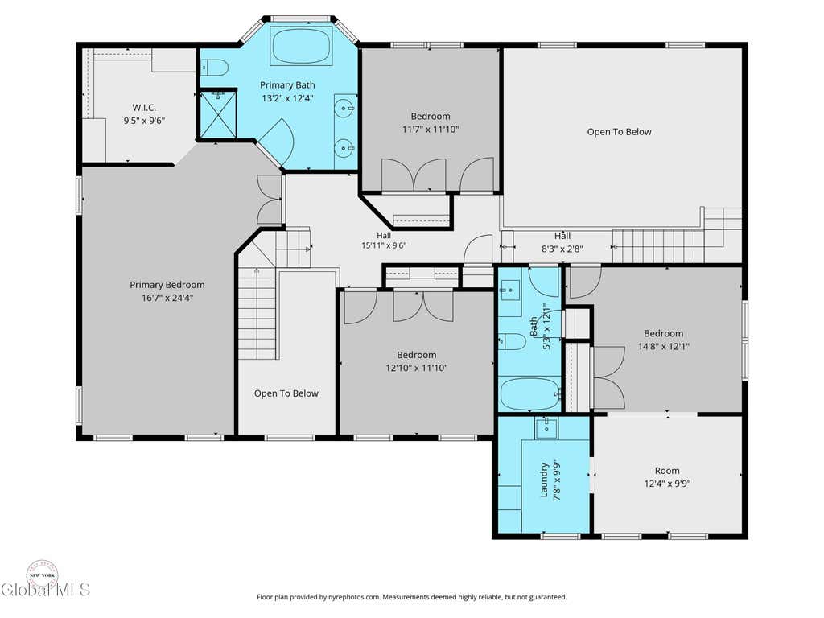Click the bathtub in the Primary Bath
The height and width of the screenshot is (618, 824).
tap(302, 45)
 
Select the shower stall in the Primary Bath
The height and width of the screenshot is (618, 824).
tap(218, 115)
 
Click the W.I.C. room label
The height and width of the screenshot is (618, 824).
tap(144, 107)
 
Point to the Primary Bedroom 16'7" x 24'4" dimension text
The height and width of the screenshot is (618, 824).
tap(167, 298)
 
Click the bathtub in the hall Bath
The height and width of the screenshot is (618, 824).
tap(529, 393)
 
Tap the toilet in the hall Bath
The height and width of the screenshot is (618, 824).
tap(512, 342)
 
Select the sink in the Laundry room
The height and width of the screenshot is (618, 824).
tap(546, 428)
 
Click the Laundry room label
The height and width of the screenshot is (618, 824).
tap(544, 480)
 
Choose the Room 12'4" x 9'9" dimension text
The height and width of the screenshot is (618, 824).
tap(667, 484)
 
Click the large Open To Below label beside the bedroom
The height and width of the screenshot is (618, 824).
tap(619, 132)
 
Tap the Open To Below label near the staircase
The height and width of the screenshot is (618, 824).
tap(286, 393)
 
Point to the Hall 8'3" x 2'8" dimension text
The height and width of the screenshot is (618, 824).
tap(562, 249)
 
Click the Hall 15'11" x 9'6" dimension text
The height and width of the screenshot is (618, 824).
tap(384, 245)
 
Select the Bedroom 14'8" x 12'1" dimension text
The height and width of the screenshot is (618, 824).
tap(664, 346)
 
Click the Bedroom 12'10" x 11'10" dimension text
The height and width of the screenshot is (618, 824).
tap(417, 368)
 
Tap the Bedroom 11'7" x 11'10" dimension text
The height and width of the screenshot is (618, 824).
tap(431, 130)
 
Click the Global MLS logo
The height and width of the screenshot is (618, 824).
tap(45, 580)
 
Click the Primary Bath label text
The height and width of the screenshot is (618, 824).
tap(287, 85)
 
